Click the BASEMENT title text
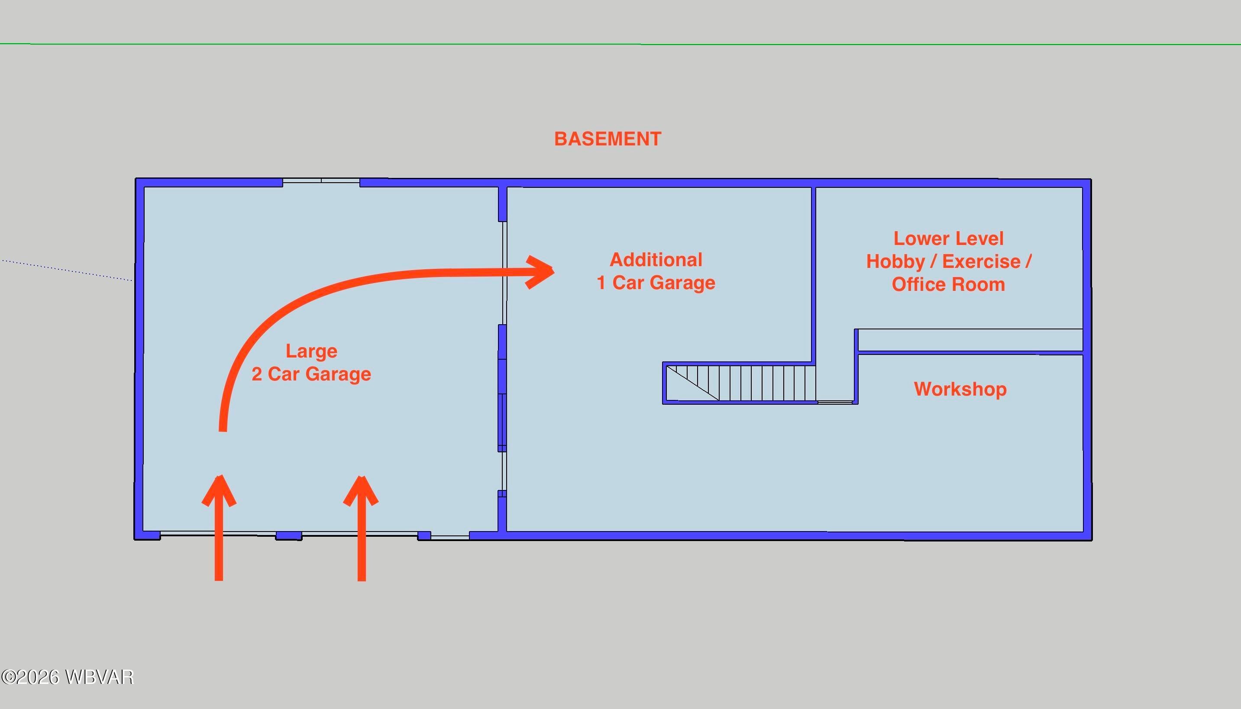[x=608, y=139]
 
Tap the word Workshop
[x=960, y=389]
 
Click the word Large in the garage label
[x=311, y=351]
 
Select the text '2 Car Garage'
[x=311, y=374]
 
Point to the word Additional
[x=656, y=260]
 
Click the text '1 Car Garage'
[x=656, y=283]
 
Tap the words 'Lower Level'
[x=948, y=238]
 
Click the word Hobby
[x=895, y=262]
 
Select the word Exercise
[x=981, y=261]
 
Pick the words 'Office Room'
[x=948, y=284]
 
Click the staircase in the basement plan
[x=740, y=383]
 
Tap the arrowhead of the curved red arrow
[x=540, y=272]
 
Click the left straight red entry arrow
[x=219, y=528]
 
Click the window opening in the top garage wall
[x=321, y=180]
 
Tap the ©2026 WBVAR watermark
[x=67, y=677]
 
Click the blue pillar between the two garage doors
[x=289, y=536]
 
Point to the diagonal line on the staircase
[x=692, y=383]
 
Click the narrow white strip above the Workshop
[x=970, y=340]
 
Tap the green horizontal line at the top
[x=620, y=44]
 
